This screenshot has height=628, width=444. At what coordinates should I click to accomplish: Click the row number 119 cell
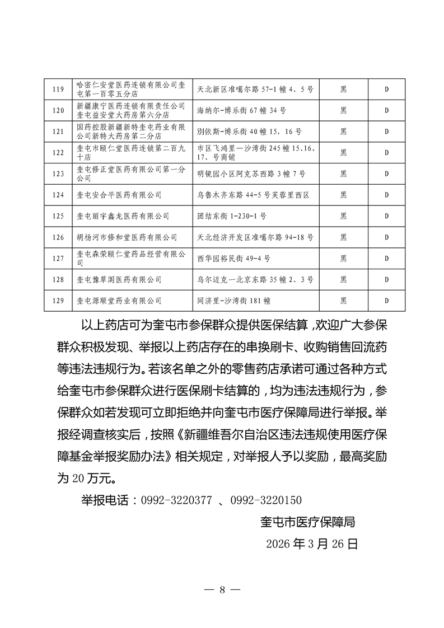58,89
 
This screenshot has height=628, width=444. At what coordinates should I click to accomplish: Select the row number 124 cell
58,195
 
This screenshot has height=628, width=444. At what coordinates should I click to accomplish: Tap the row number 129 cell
58,301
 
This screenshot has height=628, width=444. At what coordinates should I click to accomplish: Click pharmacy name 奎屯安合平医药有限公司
119,195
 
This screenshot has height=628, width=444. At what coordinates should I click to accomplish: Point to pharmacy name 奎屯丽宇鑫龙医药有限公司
123,216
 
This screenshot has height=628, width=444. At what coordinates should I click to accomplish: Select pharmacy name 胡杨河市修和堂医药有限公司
127,237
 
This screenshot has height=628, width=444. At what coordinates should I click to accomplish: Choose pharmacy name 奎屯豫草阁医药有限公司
119,279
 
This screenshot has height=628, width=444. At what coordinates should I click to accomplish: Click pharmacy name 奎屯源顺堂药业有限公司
119,301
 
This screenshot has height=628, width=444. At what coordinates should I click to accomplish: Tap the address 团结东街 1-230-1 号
232,216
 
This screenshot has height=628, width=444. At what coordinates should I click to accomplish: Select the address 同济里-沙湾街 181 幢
234,301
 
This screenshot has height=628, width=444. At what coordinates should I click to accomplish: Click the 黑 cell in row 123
343,174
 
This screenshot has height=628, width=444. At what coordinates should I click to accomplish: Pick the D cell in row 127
386,259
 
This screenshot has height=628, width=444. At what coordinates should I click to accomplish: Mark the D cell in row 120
386,110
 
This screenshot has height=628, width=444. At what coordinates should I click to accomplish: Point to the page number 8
222,590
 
